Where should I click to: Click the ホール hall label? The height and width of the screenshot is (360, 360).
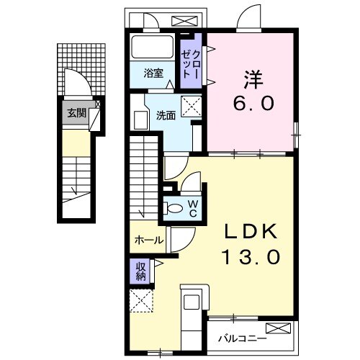[x=148, y=240]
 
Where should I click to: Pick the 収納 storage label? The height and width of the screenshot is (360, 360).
[x=139, y=271]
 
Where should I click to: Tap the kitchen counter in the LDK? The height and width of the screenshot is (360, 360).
[x=193, y=317]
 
